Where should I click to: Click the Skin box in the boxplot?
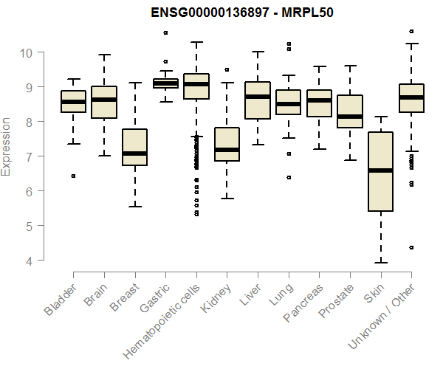point(380,171)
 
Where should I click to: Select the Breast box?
point(134,147)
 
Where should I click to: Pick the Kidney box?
point(227,144)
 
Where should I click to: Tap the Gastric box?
point(165,83)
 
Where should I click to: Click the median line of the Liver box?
point(258,97)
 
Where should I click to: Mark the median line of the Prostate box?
point(349,117)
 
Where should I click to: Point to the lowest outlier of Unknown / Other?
point(411,247)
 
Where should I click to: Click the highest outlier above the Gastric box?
point(165,32)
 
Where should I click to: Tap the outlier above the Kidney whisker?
point(227,70)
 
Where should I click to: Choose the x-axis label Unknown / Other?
point(389,310)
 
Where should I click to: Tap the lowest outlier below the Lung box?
point(288,177)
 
